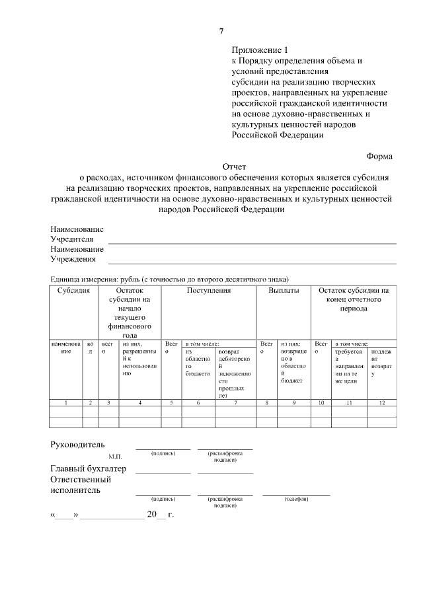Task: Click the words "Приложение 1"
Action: [x=260, y=50]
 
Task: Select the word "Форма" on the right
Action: [x=379, y=157]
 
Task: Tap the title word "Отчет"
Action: [x=234, y=167]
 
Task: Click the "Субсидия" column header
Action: [x=73, y=291]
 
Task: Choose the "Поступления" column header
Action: [x=208, y=291]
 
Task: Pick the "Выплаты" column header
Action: [x=284, y=291]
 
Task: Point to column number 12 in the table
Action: [x=382, y=402]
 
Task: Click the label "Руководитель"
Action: [x=77, y=444]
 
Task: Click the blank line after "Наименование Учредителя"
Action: [x=252, y=243]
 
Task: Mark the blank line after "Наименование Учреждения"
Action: [x=252, y=263]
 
